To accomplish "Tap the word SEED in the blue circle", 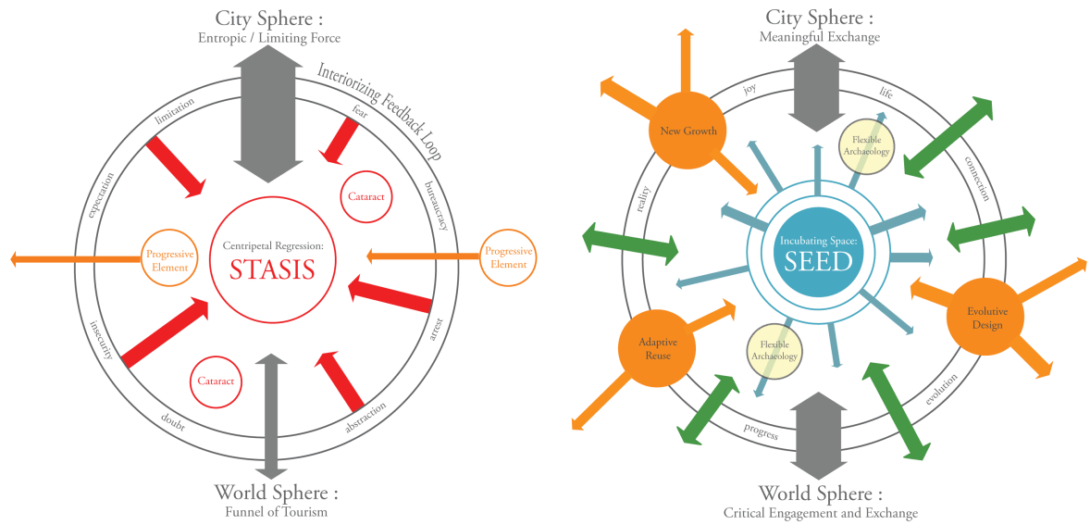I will click(817, 262).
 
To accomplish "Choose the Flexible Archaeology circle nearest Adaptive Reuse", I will click(774, 353).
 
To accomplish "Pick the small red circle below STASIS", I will click(217, 381).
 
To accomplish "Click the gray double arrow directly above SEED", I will click(817, 89).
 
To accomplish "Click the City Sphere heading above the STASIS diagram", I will click(266, 19).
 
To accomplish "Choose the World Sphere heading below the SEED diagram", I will click(820, 492).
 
